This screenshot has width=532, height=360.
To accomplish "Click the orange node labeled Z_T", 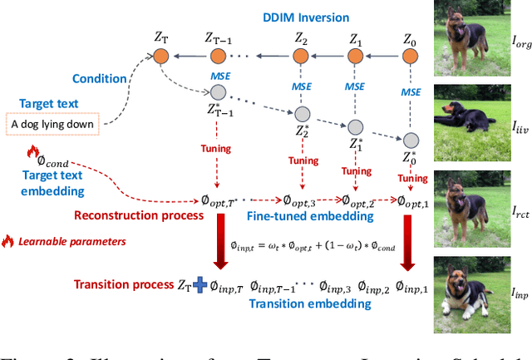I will tap(160, 57).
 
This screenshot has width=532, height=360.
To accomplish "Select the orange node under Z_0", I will tap(410, 57).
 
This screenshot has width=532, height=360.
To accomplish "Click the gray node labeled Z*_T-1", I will tap(219, 91).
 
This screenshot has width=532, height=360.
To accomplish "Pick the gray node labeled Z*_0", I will tap(409, 139).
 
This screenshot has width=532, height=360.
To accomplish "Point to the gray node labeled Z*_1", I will tap(356, 126).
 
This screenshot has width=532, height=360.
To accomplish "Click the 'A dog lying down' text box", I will tap(55, 125).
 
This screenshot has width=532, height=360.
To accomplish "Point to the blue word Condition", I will tap(101, 80).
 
